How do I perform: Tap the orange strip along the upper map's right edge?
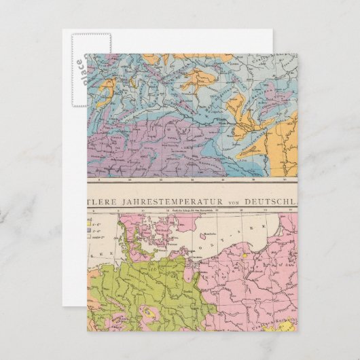click(281, 153)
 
